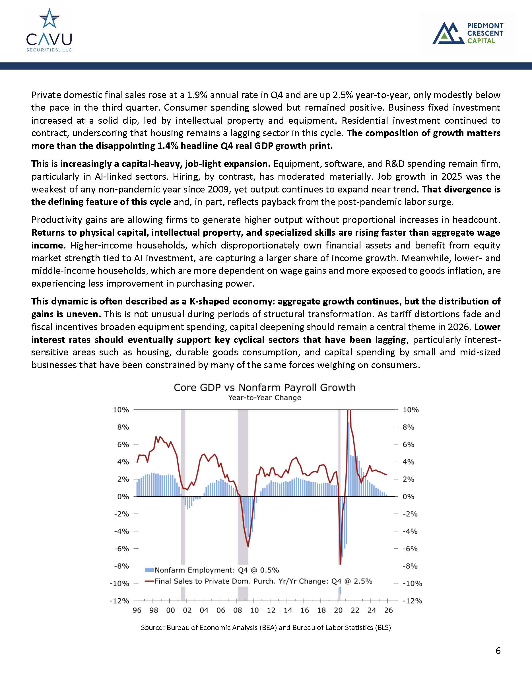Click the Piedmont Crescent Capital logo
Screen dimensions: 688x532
pos(468,33)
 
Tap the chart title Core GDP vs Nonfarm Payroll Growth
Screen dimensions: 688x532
pos(264,387)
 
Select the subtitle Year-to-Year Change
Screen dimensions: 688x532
pos(264,398)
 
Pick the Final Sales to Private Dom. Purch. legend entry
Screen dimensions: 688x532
pos(258,581)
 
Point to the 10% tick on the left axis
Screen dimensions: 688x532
pos(121,410)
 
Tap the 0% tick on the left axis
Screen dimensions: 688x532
pos(123,497)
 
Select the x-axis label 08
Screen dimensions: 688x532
pos(238,610)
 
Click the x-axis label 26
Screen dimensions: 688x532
pos(389,610)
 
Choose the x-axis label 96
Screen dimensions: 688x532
pos(137,610)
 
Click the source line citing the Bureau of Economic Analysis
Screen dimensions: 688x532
pos(266,627)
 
